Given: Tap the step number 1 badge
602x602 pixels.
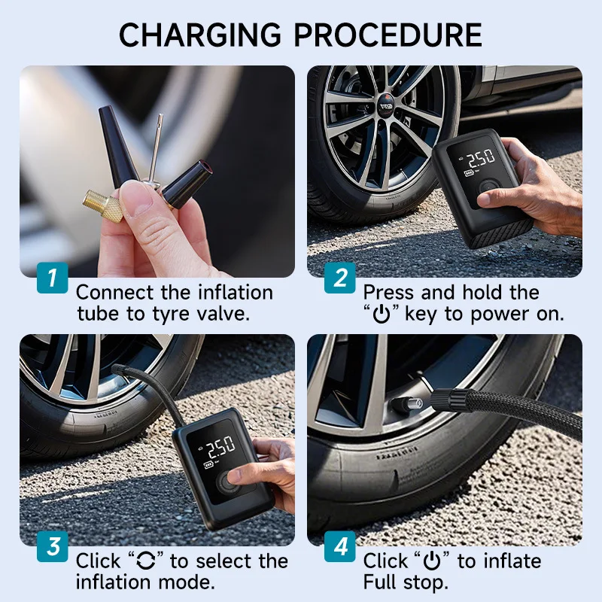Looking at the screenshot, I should coord(52,278).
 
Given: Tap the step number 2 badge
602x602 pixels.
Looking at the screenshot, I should coord(339,278).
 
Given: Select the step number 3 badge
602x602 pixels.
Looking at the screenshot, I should coord(52,546).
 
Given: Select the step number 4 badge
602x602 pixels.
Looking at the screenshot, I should coord(339,546).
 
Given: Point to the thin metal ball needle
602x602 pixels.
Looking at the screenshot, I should coord(155,147).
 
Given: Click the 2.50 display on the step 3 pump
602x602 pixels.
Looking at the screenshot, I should coord(220,449).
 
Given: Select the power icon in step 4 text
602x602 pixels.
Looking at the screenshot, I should coord(431,561).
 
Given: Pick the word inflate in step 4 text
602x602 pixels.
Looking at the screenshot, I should coord(512,561).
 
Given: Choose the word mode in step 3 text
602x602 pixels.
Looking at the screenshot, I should coord(191,582).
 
